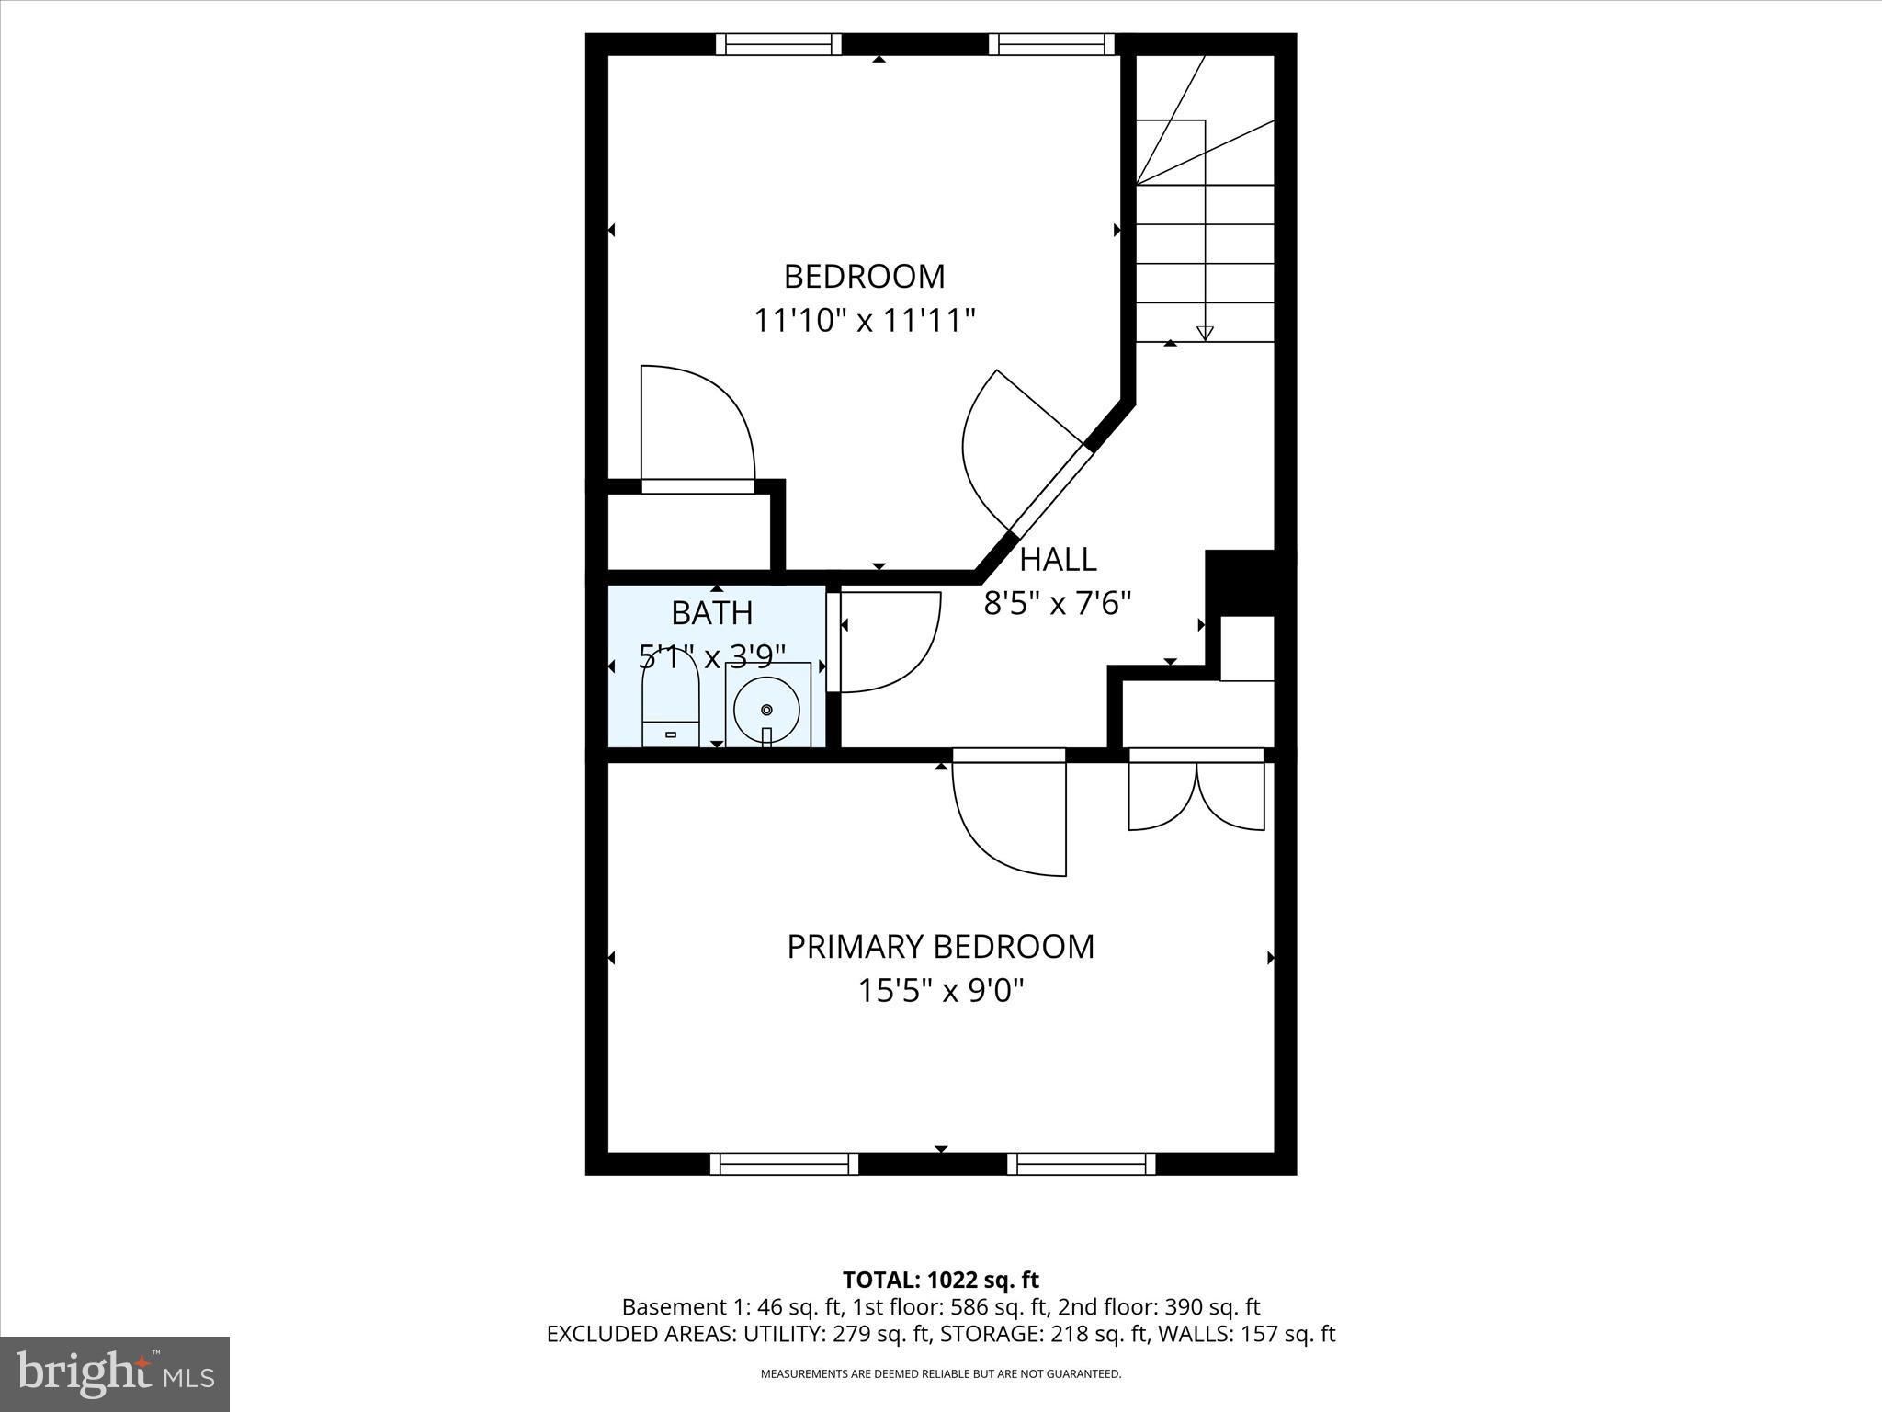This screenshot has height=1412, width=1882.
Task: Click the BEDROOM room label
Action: click(864, 276)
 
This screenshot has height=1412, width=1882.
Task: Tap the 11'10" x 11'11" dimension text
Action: click(864, 321)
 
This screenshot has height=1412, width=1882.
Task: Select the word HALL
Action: click(1058, 559)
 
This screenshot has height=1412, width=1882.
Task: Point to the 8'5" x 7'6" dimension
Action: click(1057, 604)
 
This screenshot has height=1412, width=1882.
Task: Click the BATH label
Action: click(712, 612)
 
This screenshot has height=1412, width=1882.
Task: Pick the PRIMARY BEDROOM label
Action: click(941, 947)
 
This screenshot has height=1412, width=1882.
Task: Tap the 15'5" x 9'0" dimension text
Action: click(941, 991)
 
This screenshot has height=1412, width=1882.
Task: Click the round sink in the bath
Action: click(767, 709)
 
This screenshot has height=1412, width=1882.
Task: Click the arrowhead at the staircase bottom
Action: click(1205, 334)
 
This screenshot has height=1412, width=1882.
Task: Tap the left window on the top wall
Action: click(778, 44)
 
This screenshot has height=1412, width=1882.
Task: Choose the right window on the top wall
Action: click(1051, 44)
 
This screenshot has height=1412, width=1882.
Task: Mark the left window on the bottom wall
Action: click(784, 1164)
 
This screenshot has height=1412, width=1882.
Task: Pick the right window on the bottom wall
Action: click(1082, 1164)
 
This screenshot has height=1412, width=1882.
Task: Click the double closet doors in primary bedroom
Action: click(1196, 792)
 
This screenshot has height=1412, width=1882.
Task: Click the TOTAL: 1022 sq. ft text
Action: click(941, 1280)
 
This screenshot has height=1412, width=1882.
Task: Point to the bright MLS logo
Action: click(115, 1374)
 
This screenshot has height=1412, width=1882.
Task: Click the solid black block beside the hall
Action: click(1241, 582)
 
